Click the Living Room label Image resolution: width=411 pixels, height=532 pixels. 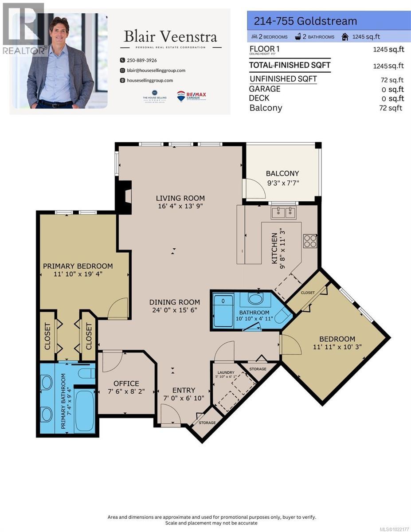(x=180, y=198)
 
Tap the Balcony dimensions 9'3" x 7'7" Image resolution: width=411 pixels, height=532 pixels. (x=282, y=182)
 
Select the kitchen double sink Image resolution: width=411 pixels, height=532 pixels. (x=284, y=213)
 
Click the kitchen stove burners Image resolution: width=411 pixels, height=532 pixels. (x=309, y=241)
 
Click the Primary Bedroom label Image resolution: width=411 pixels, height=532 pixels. (x=78, y=266)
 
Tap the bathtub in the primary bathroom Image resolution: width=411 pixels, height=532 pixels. (x=84, y=410)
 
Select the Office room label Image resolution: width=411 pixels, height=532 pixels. (x=126, y=383)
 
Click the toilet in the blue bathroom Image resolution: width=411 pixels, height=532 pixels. (x=282, y=316)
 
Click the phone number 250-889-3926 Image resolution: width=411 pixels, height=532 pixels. (x=141, y=60)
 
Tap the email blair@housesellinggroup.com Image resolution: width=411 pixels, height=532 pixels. (x=156, y=70)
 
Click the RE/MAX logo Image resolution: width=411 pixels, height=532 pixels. (x=192, y=96)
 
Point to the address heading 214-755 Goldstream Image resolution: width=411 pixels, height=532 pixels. (x=305, y=21)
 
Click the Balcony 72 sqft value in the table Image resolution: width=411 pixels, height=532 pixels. (x=390, y=108)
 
